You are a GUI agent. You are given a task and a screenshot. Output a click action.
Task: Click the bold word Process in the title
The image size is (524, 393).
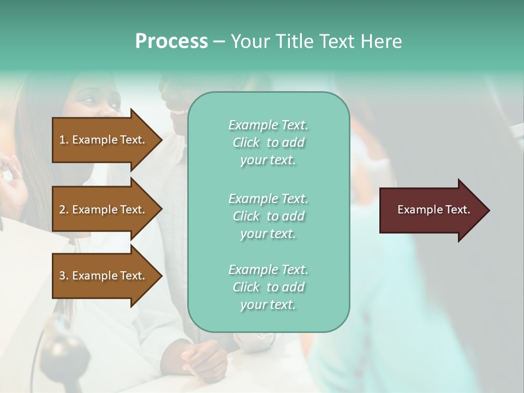click(x=171, y=41)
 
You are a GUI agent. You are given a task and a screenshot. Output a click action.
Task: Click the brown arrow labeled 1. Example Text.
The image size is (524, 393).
click(x=104, y=140)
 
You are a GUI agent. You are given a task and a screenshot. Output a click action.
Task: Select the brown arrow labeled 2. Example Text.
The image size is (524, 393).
click(x=104, y=210)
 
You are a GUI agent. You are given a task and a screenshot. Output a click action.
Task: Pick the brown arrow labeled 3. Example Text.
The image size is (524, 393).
click(x=104, y=276)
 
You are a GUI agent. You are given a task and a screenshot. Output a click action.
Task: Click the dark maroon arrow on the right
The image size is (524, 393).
click(x=431, y=210)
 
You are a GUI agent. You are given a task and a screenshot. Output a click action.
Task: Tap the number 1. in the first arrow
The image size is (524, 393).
click(x=64, y=140)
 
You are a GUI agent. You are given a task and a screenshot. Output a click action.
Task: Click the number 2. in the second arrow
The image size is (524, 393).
click(x=64, y=210)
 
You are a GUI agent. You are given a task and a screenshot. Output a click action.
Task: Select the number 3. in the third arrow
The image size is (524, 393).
click(x=64, y=276)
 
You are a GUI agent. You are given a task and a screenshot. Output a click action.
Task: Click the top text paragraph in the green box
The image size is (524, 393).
click(x=268, y=142)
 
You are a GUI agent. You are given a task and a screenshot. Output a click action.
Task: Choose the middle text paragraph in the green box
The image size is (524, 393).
click(x=268, y=216)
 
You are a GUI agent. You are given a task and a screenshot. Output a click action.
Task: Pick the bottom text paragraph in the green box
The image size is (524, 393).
click(x=268, y=287)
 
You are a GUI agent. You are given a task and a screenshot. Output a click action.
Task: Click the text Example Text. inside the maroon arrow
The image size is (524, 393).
click(x=433, y=210)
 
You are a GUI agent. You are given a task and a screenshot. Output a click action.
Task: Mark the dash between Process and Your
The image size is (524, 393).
click(x=219, y=42)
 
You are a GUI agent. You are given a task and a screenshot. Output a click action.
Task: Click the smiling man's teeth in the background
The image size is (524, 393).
click(x=178, y=112)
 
